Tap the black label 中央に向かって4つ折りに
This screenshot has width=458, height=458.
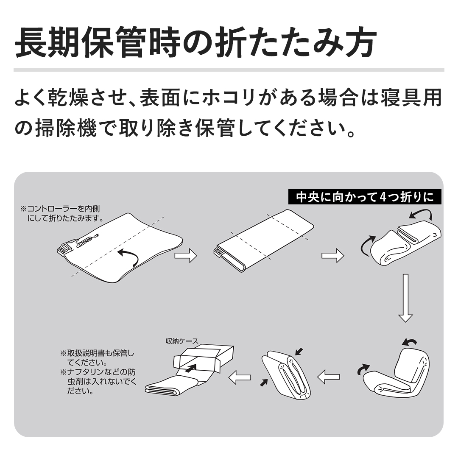click(x=365, y=197)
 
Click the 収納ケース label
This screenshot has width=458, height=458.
click(x=182, y=341)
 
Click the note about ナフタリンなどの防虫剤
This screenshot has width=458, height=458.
click(x=98, y=381)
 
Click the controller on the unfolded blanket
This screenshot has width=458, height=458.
click(x=65, y=248)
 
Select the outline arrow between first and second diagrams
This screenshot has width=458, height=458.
click(x=185, y=255)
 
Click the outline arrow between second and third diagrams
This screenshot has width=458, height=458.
click(x=333, y=256)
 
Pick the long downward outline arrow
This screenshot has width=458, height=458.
click(x=405, y=298)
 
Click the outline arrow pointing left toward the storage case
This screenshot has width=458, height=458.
click(x=240, y=377)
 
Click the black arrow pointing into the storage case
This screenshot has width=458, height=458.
click(x=190, y=368)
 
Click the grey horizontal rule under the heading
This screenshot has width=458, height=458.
click(x=229, y=70)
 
